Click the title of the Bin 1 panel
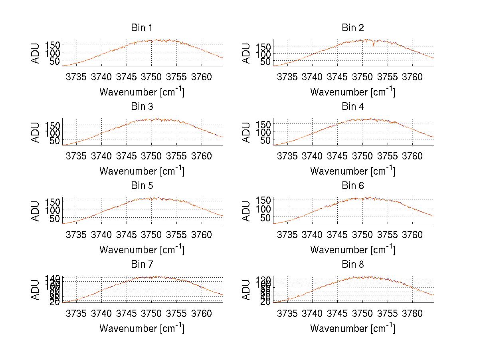(142, 28)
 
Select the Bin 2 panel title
(353, 28)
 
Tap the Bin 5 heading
(142, 186)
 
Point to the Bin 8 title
(353, 265)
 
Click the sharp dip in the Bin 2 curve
(374, 45)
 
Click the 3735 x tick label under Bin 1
(76, 77)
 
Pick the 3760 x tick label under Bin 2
(412, 77)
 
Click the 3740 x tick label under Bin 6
(312, 235)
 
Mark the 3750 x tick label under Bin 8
(362, 314)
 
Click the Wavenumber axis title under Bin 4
(353, 171)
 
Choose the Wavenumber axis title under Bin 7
(142, 328)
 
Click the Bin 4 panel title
(353, 107)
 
